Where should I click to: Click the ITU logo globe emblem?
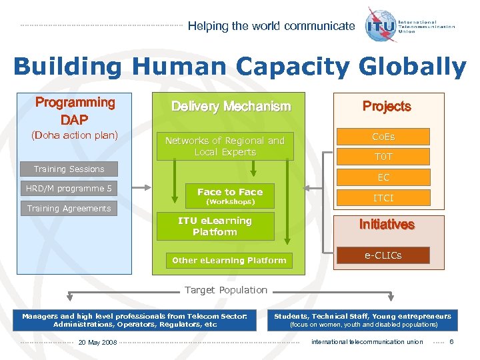pyautogui.click(x=380, y=25)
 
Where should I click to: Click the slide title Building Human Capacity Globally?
pyautogui.click(x=239, y=67)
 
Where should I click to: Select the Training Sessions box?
pyautogui.click(x=69, y=169)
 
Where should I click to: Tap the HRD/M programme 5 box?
pyautogui.click(x=69, y=189)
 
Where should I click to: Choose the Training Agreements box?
pyautogui.click(x=69, y=209)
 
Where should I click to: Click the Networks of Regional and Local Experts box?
pyautogui.click(x=225, y=147)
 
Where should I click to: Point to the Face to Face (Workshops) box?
pyautogui.click(x=230, y=196)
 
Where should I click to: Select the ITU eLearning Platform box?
pyautogui.click(x=215, y=227)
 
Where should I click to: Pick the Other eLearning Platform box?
pyautogui.click(x=229, y=261)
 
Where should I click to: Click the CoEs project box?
pyautogui.click(x=383, y=137)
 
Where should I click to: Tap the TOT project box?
pyautogui.click(x=383, y=157)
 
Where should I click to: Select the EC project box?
pyautogui.click(x=383, y=178)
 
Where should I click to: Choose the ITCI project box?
pyautogui.click(x=383, y=198)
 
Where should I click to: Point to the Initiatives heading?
pyautogui.click(x=387, y=225)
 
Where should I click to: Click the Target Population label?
pyautogui.click(x=225, y=290)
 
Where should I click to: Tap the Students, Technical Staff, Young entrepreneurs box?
pyautogui.click(x=363, y=320)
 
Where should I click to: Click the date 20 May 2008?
pyautogui.click(x=97, y=342)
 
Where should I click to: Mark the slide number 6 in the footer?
pyautogui.click(x=451, y=342)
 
